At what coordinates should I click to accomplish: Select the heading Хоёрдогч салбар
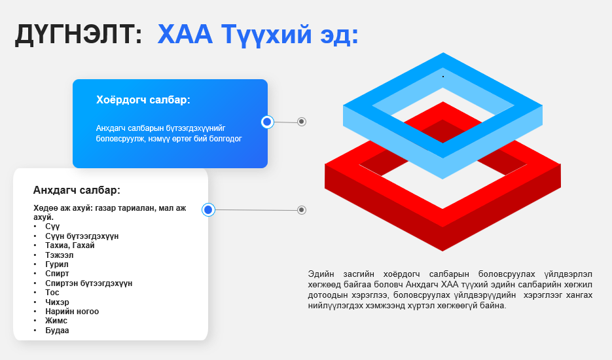(x=143, y=100)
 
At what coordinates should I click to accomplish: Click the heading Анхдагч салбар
(x=77, y=190)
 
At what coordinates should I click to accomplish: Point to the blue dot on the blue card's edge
(x=267, y=122)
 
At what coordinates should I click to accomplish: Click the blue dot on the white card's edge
(x=208, y=210)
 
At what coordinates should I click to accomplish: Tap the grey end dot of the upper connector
(x=302, y=122)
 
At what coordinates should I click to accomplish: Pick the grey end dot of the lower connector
(x=302, y=210)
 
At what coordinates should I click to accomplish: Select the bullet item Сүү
(x=52, y=226)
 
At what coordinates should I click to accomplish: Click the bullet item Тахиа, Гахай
(x=70, y=245)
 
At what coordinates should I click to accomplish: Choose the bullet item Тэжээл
(x=60, y=255)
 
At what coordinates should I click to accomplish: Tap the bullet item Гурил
(x=56, y=264)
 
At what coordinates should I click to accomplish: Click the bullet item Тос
(x=52, y=293)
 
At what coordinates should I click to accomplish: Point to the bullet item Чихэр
(x=57, y=302)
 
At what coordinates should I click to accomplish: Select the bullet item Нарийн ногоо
(x=72, y=312)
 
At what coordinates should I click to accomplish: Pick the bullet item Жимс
(x=56, y=321)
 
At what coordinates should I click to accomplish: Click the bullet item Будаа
(x=57, y=331)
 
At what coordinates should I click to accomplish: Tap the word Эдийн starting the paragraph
(x=321, y=274)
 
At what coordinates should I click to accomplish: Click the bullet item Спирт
(x=57, y=274)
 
